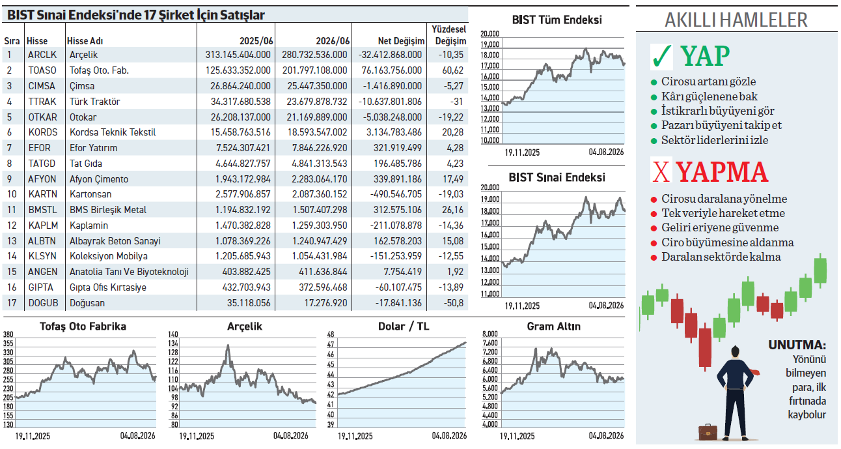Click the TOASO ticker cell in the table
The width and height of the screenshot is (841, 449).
42,70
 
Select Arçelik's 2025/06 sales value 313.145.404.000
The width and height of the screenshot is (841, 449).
238,55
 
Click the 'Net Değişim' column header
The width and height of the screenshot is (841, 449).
401,41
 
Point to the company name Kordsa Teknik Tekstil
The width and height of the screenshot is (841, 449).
113,132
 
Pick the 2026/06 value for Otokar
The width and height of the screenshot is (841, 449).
317,117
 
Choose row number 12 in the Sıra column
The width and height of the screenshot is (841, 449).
12,225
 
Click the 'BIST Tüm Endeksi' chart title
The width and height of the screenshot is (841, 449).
557,20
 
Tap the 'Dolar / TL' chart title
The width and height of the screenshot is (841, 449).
404,326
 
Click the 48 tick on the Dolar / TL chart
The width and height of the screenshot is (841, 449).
331,334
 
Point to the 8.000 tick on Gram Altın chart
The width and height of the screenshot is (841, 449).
490,334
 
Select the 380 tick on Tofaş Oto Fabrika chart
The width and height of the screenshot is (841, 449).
8,334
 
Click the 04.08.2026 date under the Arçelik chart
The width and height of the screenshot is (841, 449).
290,436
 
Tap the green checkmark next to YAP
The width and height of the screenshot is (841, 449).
662,57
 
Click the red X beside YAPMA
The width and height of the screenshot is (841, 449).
661,172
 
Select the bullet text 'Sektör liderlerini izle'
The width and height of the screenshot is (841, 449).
715,140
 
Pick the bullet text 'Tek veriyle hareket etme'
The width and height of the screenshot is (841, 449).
723,213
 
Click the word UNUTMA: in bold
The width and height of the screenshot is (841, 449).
797,345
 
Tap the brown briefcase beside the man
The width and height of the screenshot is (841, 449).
708,432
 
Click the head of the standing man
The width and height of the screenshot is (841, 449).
735,352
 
